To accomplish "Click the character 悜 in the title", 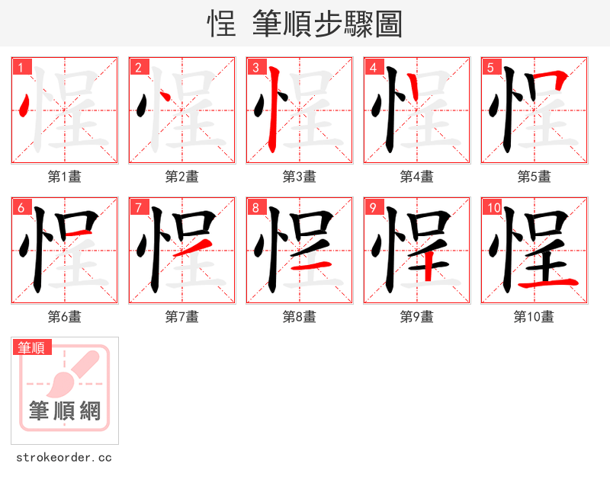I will (x=221, y=24).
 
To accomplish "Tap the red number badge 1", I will (x=22, y=68).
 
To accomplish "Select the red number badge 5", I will (x=492, y=68).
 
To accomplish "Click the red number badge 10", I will (x=494, y=208).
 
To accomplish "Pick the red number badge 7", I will (x=140, y=208).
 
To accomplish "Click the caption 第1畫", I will (x=65, y=177).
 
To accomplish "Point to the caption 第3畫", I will (x=300, y=177).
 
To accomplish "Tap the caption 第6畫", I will (x=65, y=317).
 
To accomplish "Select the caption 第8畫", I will (x=300, y=317).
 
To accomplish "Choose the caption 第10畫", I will (x=534, y=317).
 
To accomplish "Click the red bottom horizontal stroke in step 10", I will (x=547, y=284).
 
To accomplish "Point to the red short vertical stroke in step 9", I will (x=429, y=267).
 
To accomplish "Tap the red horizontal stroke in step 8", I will (x=312, y=265).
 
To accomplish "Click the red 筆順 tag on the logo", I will (x=33, y=348).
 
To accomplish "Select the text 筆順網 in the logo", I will (x=65, y=411).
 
